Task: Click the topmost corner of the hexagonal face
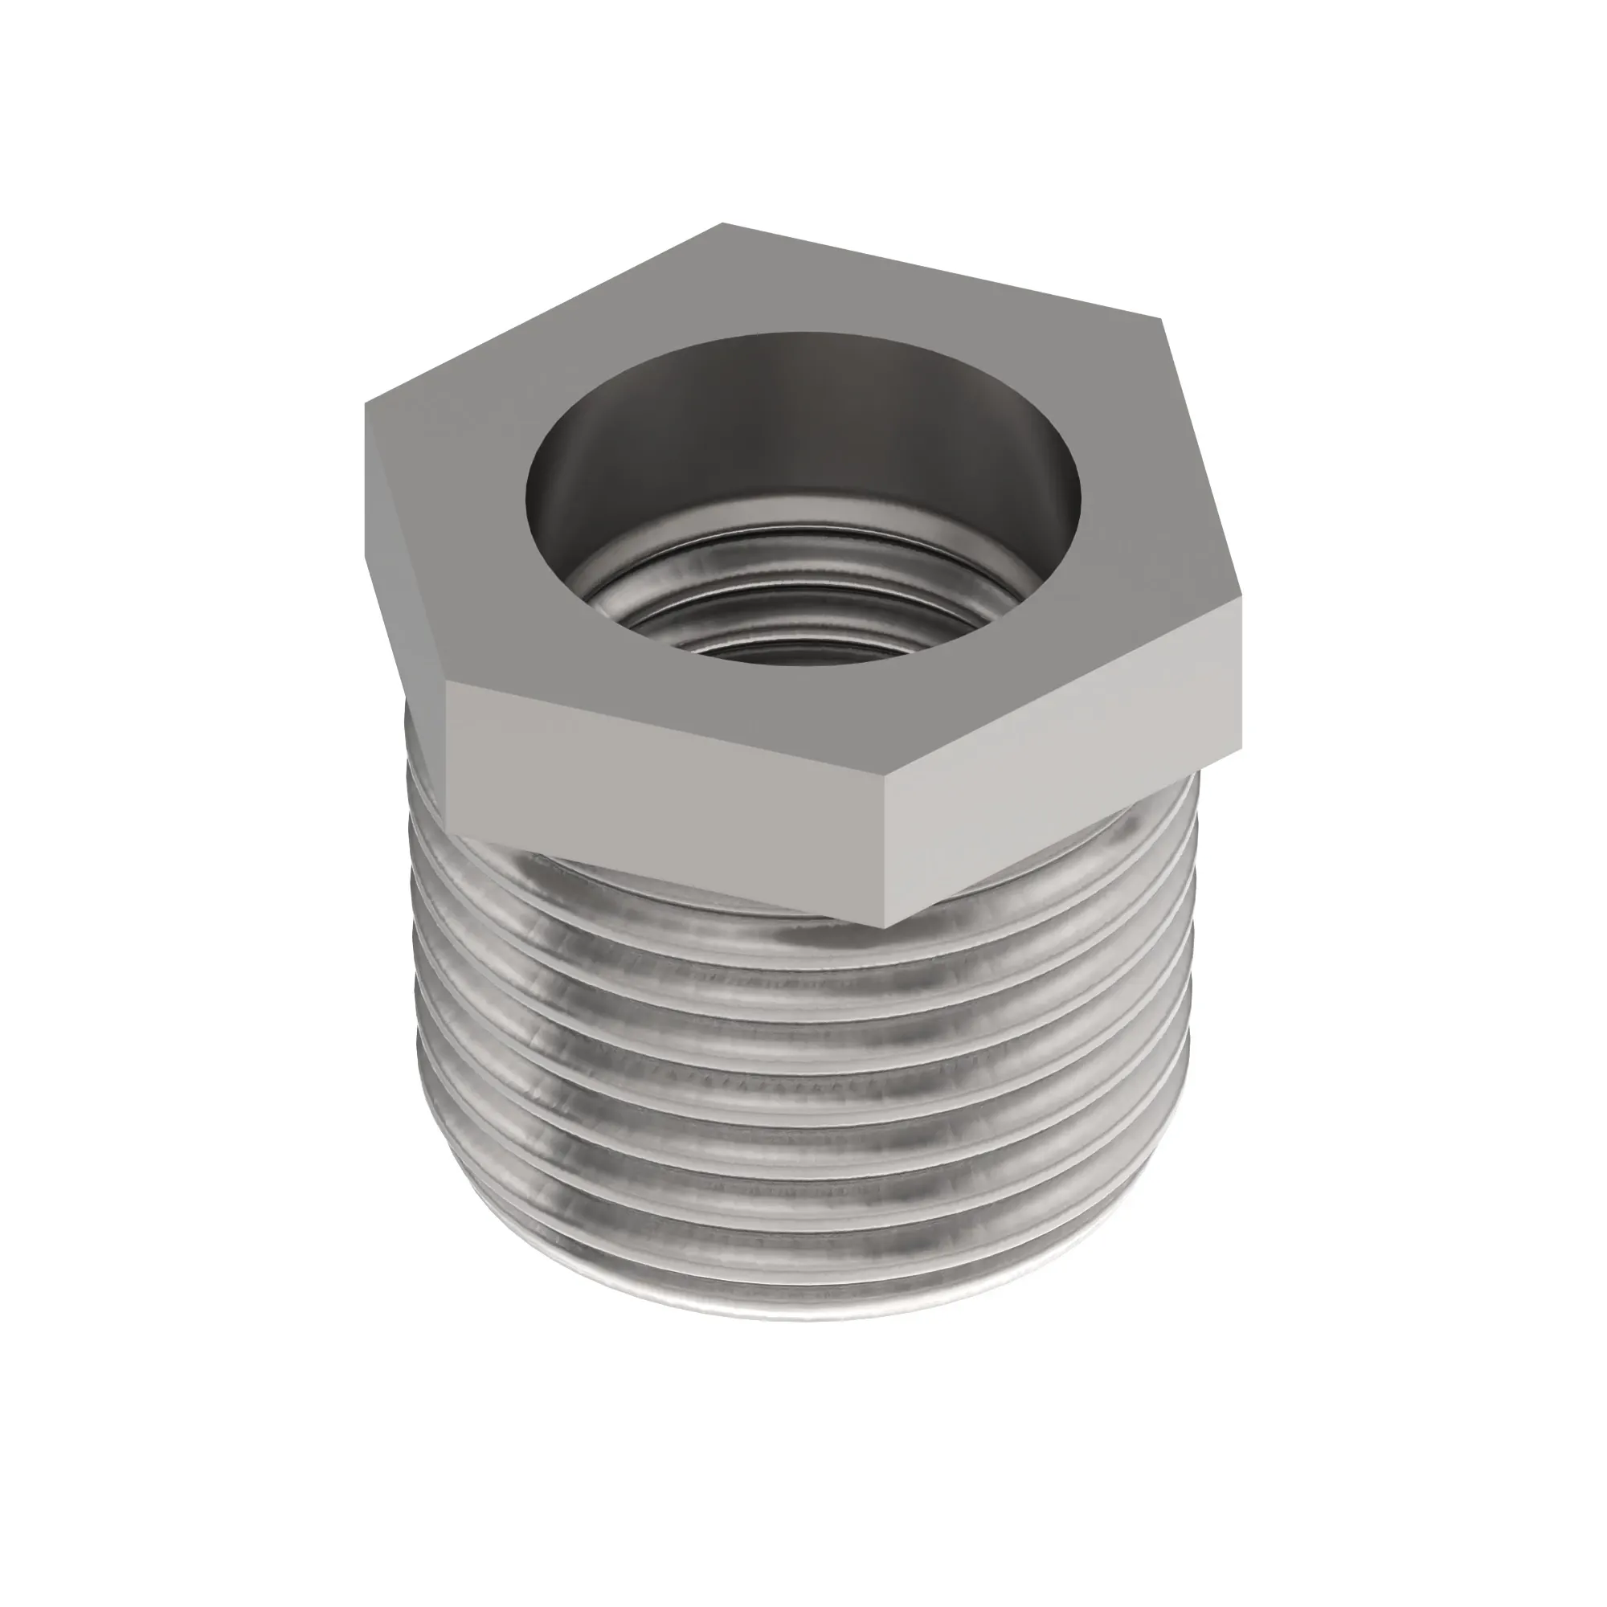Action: [722, 223]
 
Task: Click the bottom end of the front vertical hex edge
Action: [885, 926]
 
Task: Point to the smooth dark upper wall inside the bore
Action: [799, 416]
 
